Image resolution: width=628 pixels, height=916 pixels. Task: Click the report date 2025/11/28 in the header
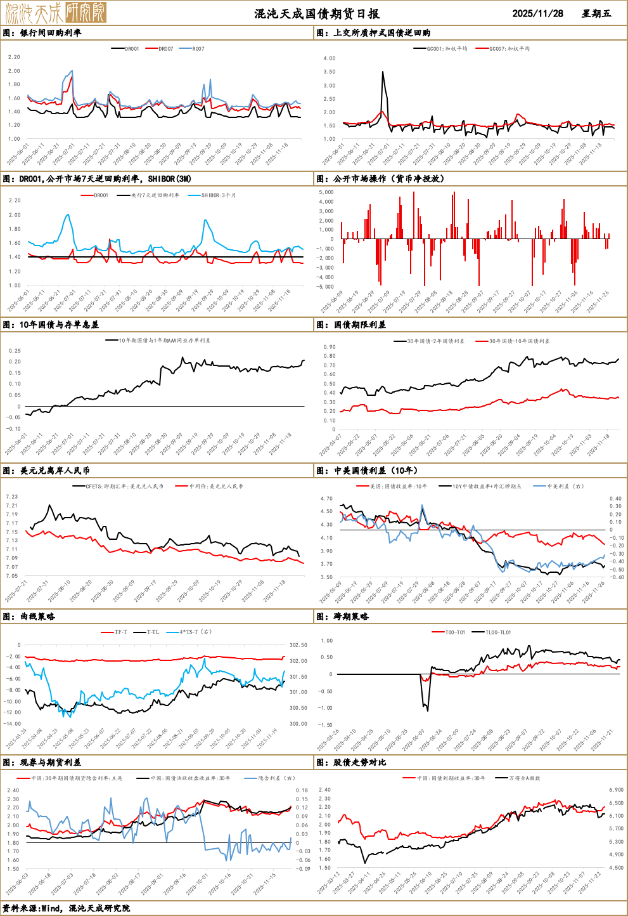(x=537, y=13)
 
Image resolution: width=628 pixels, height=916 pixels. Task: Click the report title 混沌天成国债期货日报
(x=317, y=13)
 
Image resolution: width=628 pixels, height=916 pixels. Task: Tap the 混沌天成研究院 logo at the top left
(x=54, y=13)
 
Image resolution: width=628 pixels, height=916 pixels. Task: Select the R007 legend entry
(x=198, y=49)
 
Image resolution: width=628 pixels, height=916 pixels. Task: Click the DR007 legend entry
(x=165, y=49)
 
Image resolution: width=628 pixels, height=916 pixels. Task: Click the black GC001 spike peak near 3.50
(x=383, y=72)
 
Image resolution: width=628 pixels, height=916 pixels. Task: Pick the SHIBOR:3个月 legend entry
(x=218, y=195)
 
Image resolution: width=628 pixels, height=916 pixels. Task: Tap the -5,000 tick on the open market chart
(x=326, y=287)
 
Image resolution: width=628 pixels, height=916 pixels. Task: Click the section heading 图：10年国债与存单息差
(x=51, y=325)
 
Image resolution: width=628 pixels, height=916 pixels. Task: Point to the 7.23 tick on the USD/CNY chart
(x=11, y=497)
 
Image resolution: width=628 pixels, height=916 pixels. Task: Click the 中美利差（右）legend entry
(x=565, y=487)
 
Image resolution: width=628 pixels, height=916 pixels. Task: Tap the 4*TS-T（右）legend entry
(x=195, y=632)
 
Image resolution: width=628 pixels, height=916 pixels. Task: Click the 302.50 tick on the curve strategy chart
(x=298, y=645)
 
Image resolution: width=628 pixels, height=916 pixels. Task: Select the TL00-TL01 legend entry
(x=497, y=632)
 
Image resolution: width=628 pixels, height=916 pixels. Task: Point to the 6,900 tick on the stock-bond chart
(x=616, y=790)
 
